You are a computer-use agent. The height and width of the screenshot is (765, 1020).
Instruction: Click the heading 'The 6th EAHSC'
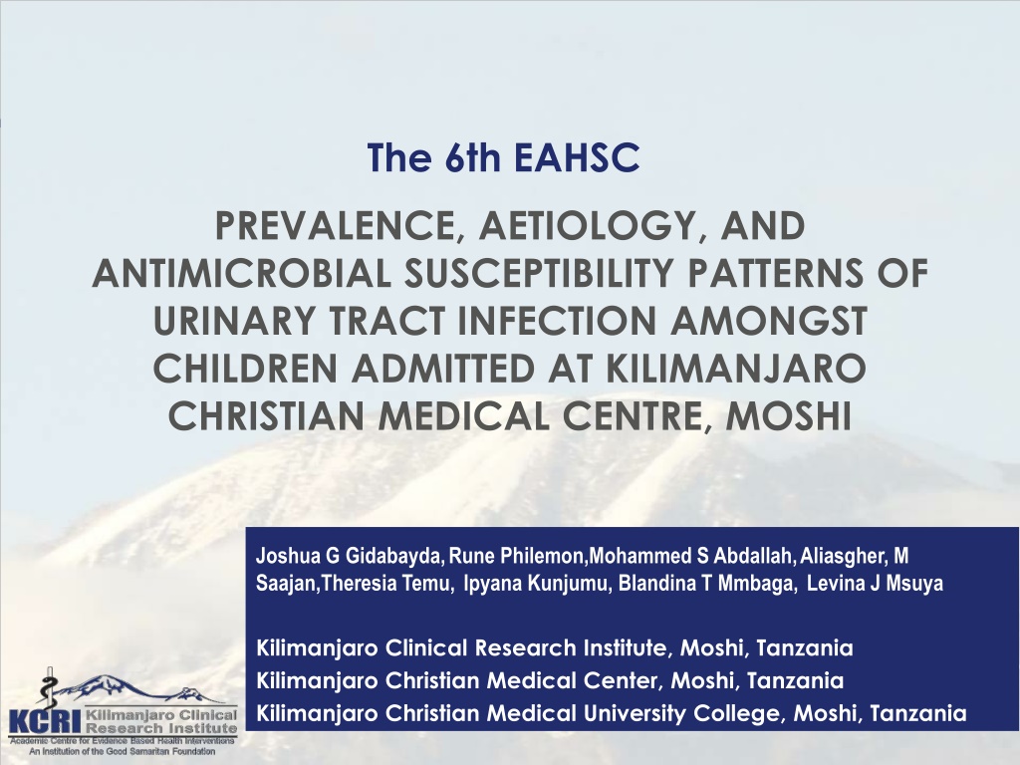tap(503, 157)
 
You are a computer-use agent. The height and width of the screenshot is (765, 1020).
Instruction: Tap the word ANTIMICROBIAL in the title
tap(242, 273)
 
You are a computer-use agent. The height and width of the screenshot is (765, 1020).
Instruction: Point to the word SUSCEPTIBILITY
tap(539, 273)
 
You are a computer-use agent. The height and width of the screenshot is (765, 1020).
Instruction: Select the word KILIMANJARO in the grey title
tap(736, 369)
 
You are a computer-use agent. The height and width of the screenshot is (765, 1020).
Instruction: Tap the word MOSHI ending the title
tap(789, 415)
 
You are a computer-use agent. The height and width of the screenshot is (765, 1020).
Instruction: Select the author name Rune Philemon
tap(517, 556)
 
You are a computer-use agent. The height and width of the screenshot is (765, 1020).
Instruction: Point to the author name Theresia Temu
tap(386, 584)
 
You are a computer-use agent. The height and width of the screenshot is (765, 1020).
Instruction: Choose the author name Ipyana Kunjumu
tap(537, 584)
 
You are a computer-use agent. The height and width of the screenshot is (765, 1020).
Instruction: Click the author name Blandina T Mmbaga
tap(706, 584)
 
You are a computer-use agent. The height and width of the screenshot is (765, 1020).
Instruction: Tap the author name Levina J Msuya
tap(875, 584)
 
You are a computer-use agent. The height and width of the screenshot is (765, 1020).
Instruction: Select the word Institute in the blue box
tap(625, 648)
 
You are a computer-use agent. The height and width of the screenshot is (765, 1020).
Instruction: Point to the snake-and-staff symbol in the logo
tap(47, 688)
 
